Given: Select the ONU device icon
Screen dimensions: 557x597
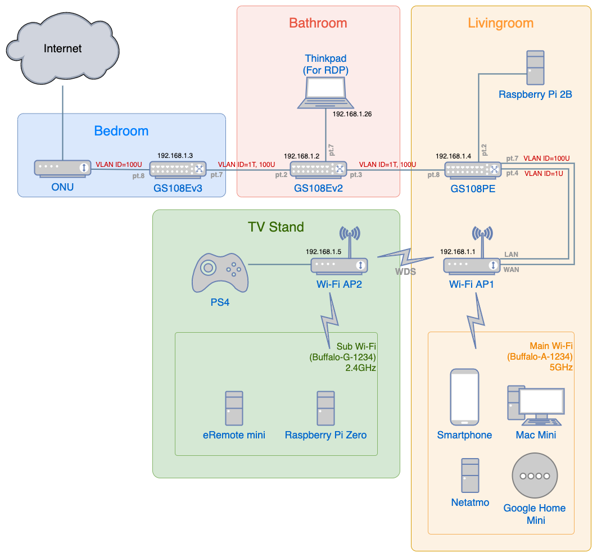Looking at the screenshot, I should pos(62,167).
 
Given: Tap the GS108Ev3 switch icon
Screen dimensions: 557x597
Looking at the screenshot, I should pos(178,169).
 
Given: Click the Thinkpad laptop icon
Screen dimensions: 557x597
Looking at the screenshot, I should pos(326,93).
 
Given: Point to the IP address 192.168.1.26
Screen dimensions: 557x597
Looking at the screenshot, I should pos(352,114).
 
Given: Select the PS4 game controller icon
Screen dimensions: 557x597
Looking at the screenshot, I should pos(220,273).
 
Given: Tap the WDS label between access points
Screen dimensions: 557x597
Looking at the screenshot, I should pos(406,271).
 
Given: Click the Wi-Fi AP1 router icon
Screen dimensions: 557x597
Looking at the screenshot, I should pos(472,265).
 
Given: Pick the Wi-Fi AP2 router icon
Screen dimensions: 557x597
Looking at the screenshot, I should pos(340,265).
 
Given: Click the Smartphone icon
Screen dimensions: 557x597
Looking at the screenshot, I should pos(464,397).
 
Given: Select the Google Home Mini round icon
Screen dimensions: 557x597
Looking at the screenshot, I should pos(535,476).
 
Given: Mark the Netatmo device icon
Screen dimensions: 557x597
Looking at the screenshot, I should pos(470,476).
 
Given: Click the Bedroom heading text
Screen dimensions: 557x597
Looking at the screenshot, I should pos(121,131).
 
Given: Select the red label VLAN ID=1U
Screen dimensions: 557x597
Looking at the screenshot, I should pos(544,174).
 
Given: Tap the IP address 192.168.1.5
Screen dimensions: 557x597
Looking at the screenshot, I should pos(323,251).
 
